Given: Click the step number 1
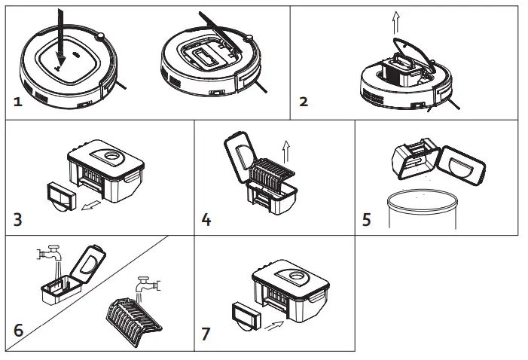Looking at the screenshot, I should click(x=17, y=102).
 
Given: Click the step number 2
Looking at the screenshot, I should click(x=304, y=102).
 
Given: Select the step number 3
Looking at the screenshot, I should click(x=19, y=220).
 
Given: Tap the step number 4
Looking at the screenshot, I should click(x=206, y=220).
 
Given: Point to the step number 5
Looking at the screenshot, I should click(x=367, y=220).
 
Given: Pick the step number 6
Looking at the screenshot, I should click(x=19, y=331).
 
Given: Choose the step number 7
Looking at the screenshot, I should click(x=206, y=331).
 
